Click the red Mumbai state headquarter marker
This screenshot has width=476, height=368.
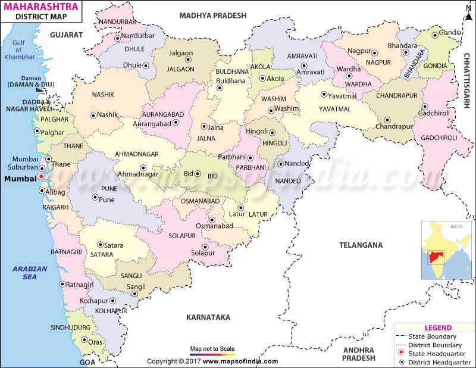coord(41,177)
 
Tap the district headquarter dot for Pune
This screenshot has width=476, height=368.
coord(93,197)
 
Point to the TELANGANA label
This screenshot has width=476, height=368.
coord(361,245)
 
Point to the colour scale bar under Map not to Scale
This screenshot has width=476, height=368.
coord(212,355)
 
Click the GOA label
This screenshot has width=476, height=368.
coord(87,361)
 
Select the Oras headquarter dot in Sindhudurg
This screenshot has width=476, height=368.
coord(82,342)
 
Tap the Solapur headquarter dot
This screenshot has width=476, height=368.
coord(205,246)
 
